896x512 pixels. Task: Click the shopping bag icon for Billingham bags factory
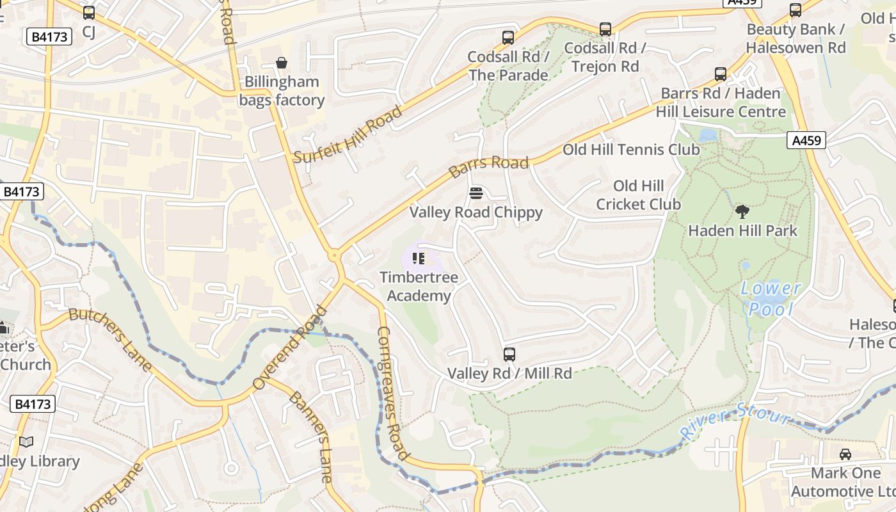(281, 63)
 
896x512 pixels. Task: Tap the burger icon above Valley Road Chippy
(476, 193)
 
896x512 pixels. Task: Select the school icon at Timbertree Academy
(419, 259)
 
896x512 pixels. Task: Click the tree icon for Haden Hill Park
(742, 211)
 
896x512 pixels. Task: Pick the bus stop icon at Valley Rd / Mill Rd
(509, 354)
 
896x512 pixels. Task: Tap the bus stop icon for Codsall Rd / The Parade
(508, 38)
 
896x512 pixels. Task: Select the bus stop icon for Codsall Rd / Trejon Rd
(605, 29)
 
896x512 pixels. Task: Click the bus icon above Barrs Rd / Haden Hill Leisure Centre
(721, 74)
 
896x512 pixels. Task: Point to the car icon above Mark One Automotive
(845, 454)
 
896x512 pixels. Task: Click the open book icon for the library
(26, 442)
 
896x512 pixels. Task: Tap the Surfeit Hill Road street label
(348, 134)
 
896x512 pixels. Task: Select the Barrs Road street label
(488, 166)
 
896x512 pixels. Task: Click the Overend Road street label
(290, 348)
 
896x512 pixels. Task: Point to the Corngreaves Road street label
(393, 393)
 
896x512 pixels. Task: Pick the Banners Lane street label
(311, 436)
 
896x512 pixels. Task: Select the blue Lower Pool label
(771, 299)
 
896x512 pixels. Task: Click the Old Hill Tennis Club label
(630, 150)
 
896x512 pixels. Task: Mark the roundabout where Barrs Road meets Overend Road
(334, 256)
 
